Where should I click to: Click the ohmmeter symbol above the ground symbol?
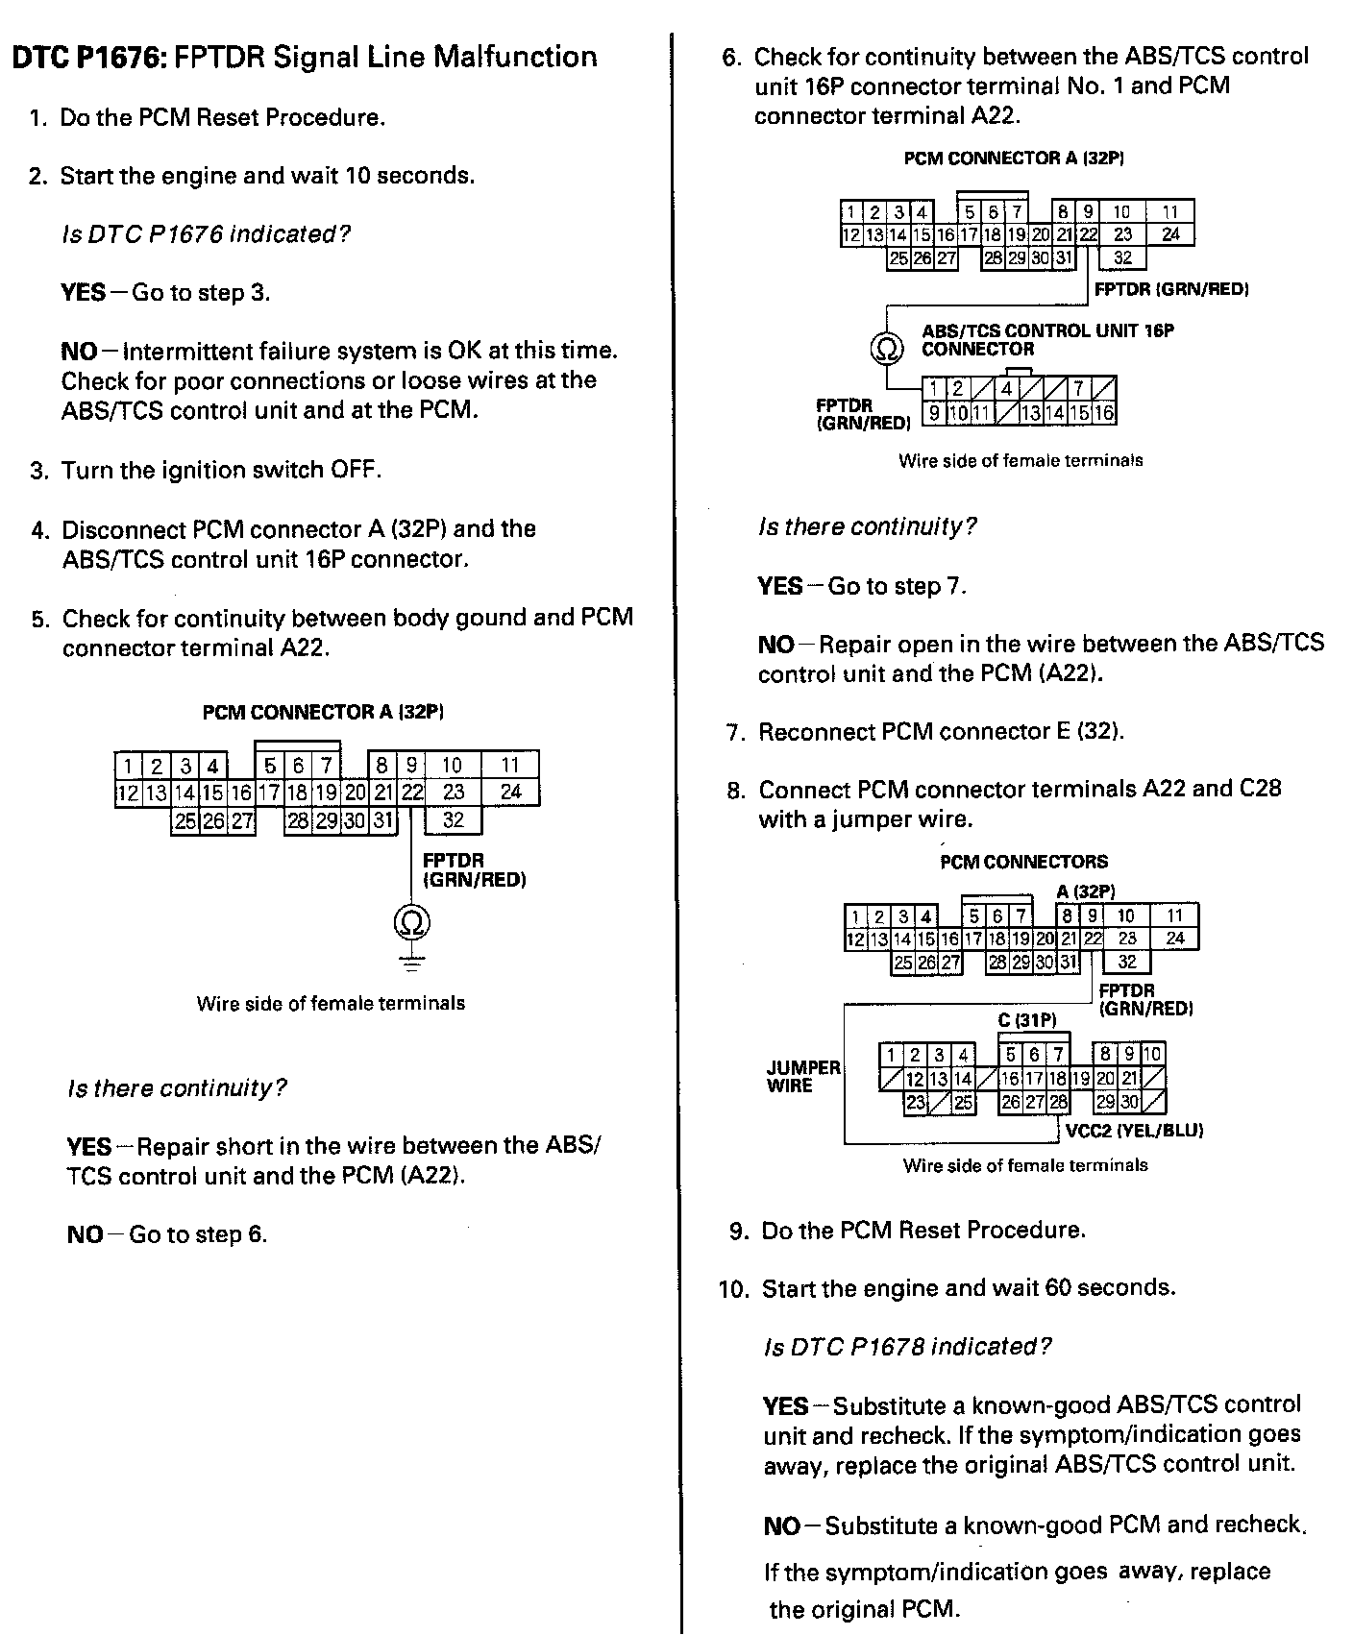411,923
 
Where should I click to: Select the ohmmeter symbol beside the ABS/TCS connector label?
887,348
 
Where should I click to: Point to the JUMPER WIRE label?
803,1077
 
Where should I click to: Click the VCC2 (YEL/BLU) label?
1134,1131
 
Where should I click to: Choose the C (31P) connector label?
1026,1020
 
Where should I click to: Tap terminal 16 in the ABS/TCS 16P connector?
1104,414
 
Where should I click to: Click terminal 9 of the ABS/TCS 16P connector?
933,414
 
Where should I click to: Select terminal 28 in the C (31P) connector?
1058,1103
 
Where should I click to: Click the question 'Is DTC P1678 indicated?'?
907,1347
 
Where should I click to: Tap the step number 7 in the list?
735,733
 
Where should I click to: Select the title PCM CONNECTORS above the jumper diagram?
1023,862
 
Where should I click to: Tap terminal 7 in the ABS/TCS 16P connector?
1079,389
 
